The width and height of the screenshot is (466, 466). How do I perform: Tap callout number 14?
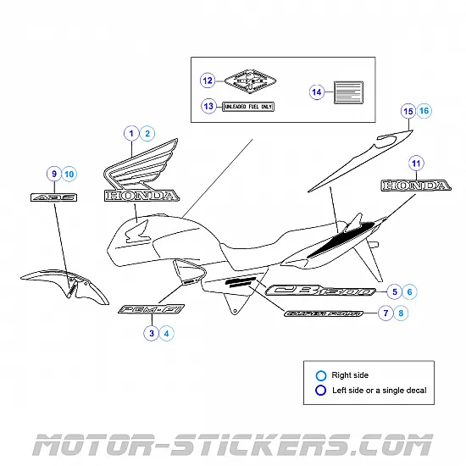(x=317, y=92)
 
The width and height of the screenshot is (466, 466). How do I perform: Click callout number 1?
(x=131, y=133)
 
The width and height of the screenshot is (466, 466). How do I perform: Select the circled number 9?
(x=53, y=174)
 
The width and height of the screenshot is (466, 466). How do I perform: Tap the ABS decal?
(x=53, y=197)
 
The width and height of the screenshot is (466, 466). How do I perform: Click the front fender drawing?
(x=64, y=284)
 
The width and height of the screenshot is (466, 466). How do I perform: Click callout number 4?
(x=167, y=334)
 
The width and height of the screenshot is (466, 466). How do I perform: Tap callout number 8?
(x=400, y=313)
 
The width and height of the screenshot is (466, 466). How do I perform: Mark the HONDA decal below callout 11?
(x=415, y=186)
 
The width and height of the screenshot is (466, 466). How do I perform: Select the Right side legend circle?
(x=320, y=375)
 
